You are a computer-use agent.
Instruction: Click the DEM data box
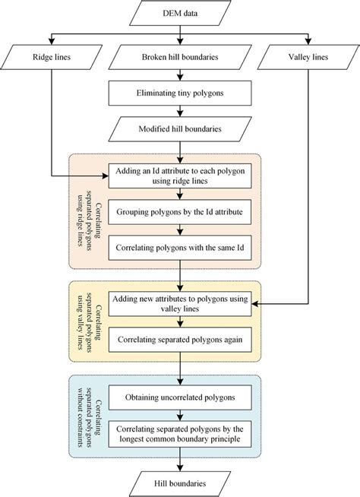coord(181,13)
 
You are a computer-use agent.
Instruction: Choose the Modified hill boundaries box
coord(181,129)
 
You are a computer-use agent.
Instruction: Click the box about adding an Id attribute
coord(181,177)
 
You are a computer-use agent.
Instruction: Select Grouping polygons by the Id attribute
coord(181,212)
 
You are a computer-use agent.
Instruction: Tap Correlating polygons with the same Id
coord(181,247)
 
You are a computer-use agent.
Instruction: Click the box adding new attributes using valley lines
coord(181,305)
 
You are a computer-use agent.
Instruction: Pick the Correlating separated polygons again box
coord(181,340)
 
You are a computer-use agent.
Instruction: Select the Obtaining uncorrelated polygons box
coord(181,396)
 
